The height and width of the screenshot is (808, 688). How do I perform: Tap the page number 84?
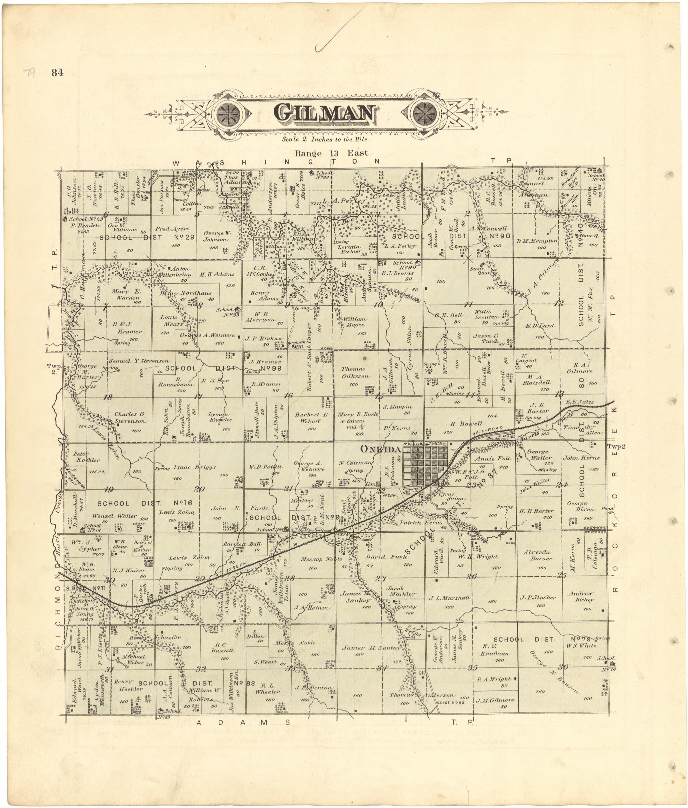(x=57, y=72)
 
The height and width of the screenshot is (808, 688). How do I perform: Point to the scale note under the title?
(x=326, y=139)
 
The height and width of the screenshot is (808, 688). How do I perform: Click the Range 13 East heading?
(x=331, y=153)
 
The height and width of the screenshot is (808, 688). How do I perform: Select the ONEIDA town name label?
(x=380, y=449)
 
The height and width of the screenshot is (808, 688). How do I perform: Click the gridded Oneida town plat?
(x=425, y=464)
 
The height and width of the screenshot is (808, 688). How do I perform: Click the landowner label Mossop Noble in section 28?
(x=321, y=559)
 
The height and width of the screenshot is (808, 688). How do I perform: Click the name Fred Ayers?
(x=172, y=229)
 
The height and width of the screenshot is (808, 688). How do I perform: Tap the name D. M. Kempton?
(x=537, y=241)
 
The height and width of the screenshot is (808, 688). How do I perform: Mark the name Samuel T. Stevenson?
(x=139, y=361)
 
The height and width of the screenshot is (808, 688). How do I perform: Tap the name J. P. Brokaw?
(x=264, y=339)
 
